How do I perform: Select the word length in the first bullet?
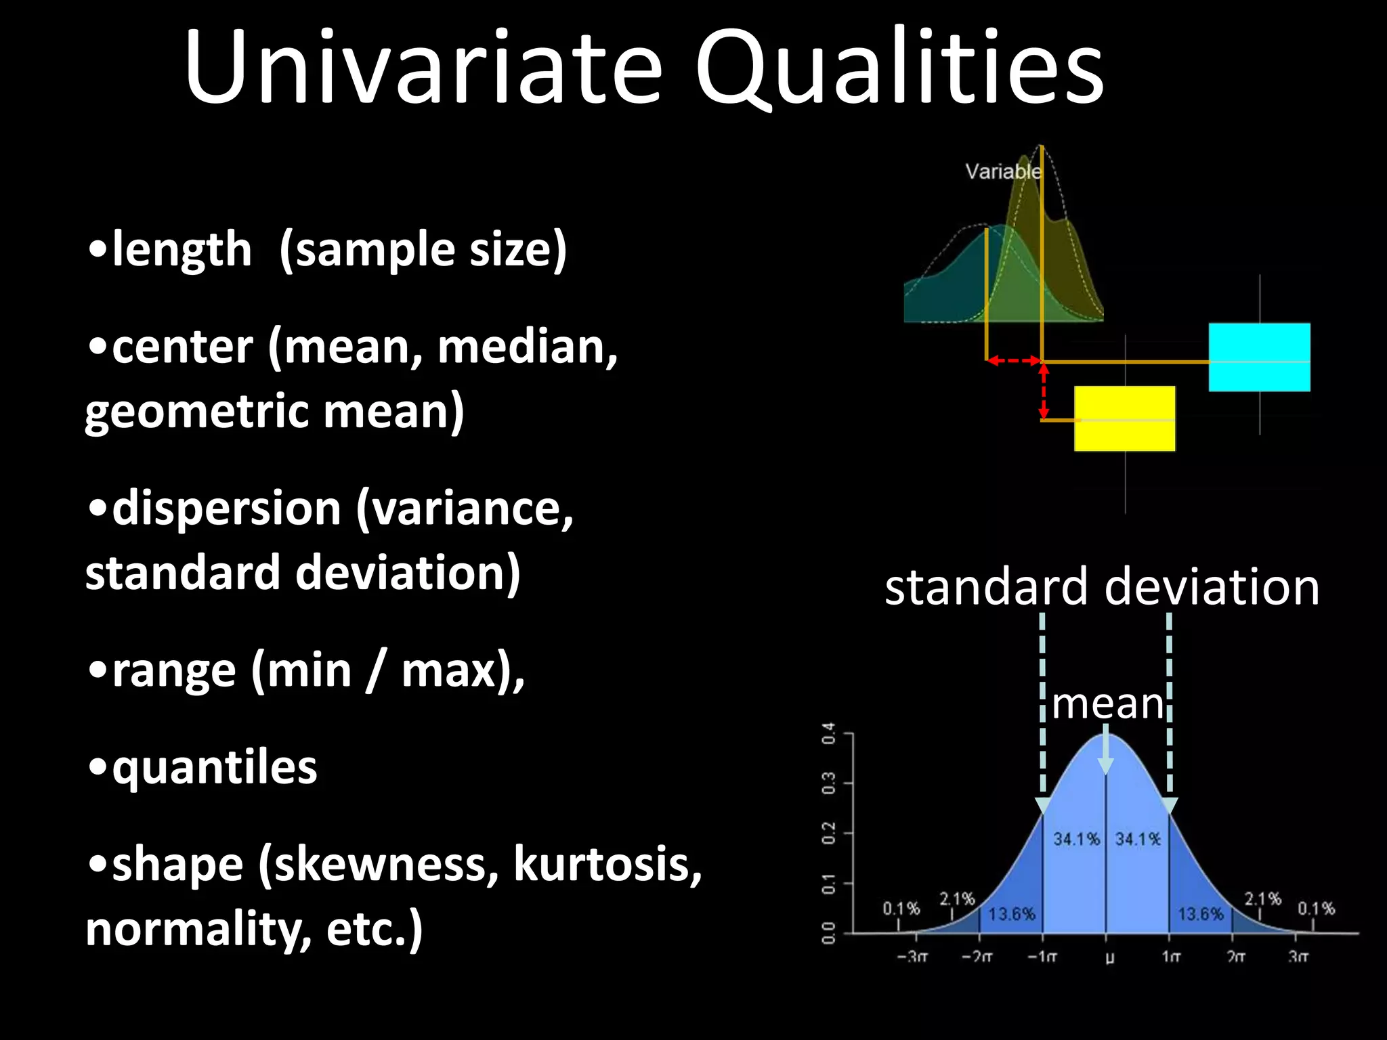click(182, 250)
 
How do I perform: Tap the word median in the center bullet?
click(527, 347)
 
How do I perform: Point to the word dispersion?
click(226, 509)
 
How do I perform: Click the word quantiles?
click(214, 768)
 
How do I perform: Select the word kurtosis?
click(607, 865)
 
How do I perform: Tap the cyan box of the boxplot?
click(1259, 357)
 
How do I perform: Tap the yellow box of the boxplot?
click(1124, 418)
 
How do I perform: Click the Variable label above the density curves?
click(1003, 171)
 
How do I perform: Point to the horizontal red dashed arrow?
click(1014, 361)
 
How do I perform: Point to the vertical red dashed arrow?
click(1044, 391)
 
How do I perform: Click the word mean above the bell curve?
click(1107, 704)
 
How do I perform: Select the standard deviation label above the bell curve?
click(1102, 586)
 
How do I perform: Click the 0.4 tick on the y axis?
click(828, 733)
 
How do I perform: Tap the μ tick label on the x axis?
click(1109, 957)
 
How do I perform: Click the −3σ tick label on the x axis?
click(912, 957)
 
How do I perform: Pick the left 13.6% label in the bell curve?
click(1012, 914)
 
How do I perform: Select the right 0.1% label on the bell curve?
click(1315, 908)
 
